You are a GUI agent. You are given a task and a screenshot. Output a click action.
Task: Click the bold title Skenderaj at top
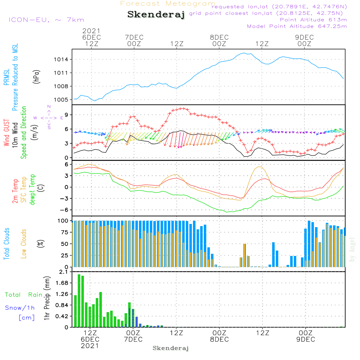pyautogui.click(x=156, y=15)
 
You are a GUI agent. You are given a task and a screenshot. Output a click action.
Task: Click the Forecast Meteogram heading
pyautogui.click(x=168, y=4)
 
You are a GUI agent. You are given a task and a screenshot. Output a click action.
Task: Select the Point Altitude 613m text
pyautogui.click(x=313, y=20)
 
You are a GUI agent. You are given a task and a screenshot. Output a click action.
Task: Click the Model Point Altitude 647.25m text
pyautogui.click(x=297, y=26)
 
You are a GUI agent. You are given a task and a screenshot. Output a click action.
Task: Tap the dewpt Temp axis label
pyautogui.click(x=32, y=190)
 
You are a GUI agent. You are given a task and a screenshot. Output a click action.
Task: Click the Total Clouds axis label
pyautogui.click(x=7, y=244)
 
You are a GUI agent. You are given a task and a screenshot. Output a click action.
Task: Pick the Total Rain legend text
pyautogui.click(x=23, y=295)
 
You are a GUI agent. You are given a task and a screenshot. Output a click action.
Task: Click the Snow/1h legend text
pyautogui.click(x=20, y=308)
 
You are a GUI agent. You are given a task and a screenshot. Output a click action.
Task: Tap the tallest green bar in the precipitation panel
pyautogui.click(x=79, y=301)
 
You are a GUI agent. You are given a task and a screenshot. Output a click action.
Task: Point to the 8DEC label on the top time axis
pyautogui.click(x=219, y=37)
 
